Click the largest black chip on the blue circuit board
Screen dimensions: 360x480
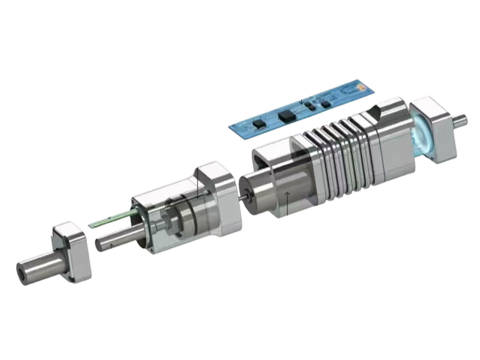(x=286, y=116)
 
